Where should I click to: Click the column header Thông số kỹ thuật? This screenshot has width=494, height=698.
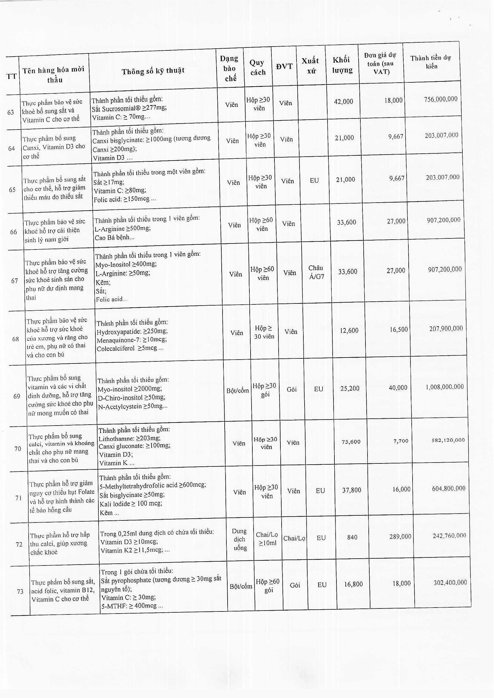[153, 71]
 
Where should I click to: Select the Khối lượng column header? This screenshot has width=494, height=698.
[342, 65]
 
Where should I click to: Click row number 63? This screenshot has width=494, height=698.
[11, 112]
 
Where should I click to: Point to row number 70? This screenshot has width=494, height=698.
[18, 449]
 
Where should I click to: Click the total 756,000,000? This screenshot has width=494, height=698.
[441, 99]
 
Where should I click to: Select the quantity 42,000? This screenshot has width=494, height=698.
[343, 102]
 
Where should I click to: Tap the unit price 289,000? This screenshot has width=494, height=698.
[400, 537]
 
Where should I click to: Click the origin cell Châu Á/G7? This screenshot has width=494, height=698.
[316, 272]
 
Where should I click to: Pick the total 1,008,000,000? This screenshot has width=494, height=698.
[445, 387]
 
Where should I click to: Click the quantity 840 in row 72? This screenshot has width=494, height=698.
[352, 537]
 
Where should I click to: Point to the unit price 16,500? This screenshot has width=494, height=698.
[399, 329]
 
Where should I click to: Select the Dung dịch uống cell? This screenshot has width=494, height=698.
[240, 539]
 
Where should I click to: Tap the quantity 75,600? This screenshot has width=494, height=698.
[351, 441]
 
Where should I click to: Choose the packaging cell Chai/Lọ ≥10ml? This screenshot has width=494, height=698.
[267, 539]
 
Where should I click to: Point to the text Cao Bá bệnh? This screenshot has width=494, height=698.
[114, 237]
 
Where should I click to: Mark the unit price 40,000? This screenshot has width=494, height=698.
[398, 387]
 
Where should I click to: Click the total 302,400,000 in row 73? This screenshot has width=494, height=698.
[450, 582]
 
